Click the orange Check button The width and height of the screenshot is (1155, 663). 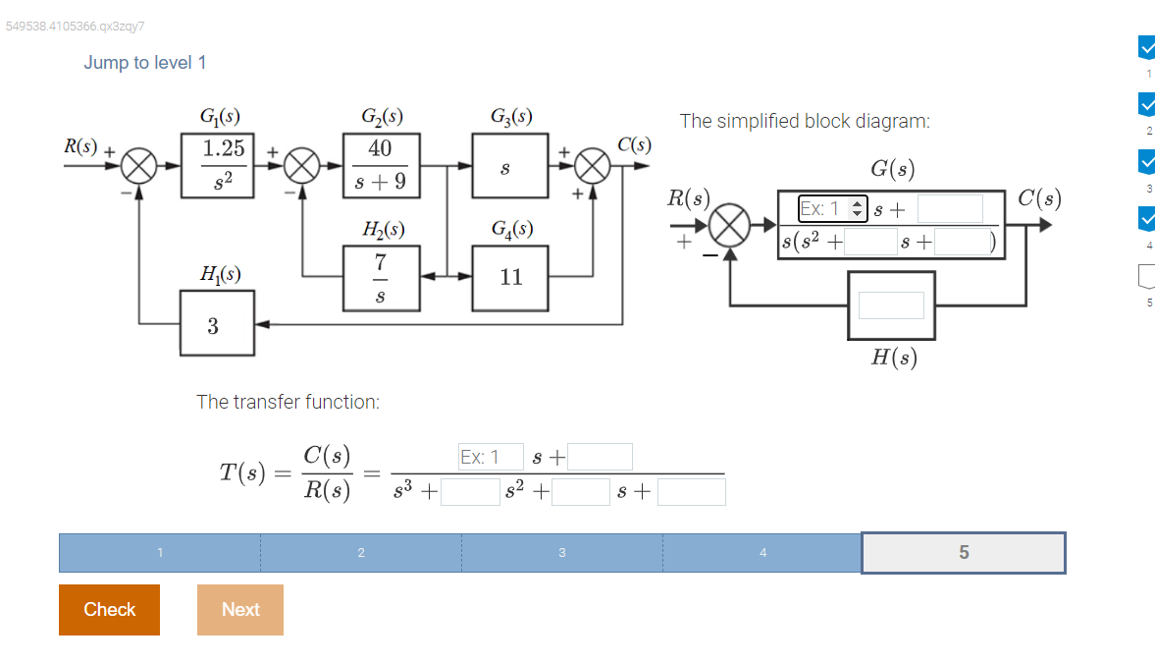pos(109,609)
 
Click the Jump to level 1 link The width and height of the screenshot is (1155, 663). pos(145,63)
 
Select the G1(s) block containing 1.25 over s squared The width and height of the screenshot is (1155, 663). pos(218,166)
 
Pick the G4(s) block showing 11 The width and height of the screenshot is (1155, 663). pos(510,277)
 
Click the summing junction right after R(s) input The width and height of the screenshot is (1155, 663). pos(139,166)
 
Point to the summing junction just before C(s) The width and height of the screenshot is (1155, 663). pos(593,166)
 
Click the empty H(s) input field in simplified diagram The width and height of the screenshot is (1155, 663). pos(891,305)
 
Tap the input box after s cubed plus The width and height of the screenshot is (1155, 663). pos(470,492)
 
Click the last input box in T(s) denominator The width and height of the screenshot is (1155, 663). pos(691,492)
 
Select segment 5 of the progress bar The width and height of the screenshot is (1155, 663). pos(963,552)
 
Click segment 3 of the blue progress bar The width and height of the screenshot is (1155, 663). pos(561,552)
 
